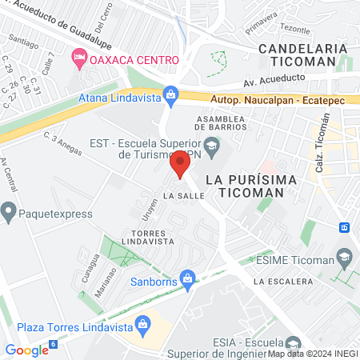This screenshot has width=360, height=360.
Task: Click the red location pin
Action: pos(179,165)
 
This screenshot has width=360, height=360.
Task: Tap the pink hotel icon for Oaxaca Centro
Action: pos(78,58)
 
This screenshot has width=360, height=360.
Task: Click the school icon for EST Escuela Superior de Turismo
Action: pos(212,145)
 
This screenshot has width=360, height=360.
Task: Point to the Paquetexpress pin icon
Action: pos(9,214)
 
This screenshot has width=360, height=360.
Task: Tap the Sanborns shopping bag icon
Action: pos(188,278)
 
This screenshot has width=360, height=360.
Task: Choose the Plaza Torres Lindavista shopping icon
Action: pos(143,324)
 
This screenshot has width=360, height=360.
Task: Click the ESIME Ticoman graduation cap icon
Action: pos(345,258)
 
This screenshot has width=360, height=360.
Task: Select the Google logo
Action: pos(26,350)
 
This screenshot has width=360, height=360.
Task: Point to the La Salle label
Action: pos(179,195)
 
